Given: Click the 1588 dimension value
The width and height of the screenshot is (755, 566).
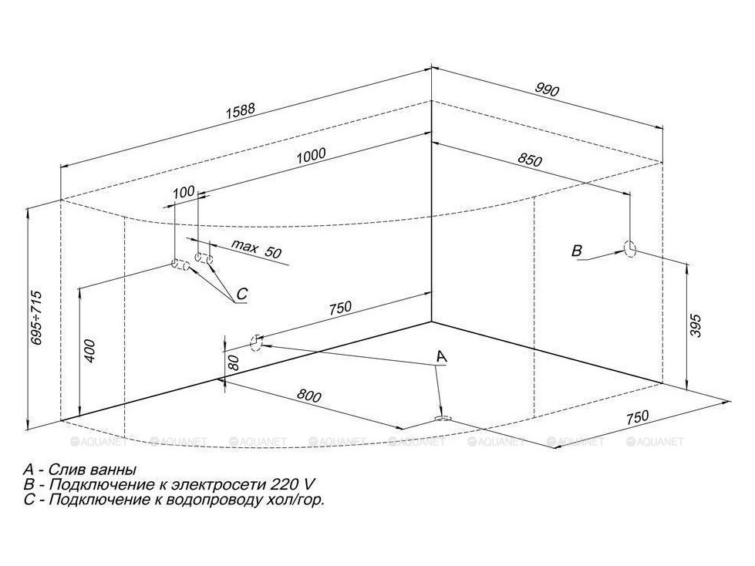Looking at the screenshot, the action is pyautogui.click(x=240, y=111).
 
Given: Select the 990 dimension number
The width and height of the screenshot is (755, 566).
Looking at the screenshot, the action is pyautogui.click(x=546, y=89).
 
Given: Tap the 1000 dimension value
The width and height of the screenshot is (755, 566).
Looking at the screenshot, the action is pyautogui.click(x=311, y=156).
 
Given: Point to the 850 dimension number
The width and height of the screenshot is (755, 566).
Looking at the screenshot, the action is pyautogui.click(x=530, y=160).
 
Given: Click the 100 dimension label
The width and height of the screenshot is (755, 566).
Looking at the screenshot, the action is pyautogui.click(x=184, y=192).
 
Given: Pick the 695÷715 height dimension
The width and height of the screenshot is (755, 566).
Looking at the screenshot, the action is pyautogui.click(x=36, y=318).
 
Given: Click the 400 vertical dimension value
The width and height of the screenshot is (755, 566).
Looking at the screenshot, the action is pyautogui.click(x=90, y=351).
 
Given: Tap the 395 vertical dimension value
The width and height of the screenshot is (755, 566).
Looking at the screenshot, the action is pyautogui.click(x=696, y=326).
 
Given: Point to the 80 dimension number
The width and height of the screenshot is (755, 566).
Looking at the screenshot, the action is pyautogui.click(x=234, y=362).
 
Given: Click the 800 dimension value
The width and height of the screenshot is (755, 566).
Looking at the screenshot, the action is pyautogui.click(x=308, y=396).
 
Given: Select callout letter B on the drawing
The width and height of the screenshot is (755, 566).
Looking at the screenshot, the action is pyautogui.click(x=576, y=251).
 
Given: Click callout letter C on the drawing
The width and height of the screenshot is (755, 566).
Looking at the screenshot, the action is pyautogui.click(x=241, y=294).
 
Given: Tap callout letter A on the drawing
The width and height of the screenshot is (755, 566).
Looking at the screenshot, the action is pyautogui.click(x=441, y=357).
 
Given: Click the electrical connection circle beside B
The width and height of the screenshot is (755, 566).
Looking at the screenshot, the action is pyautogui.click(x=630, y=248).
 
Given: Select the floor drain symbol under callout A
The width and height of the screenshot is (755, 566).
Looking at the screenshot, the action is pyautogui.click(x=442, y=418).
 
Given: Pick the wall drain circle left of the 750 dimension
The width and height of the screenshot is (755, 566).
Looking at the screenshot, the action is pyautogui.click(x=256, y=343).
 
